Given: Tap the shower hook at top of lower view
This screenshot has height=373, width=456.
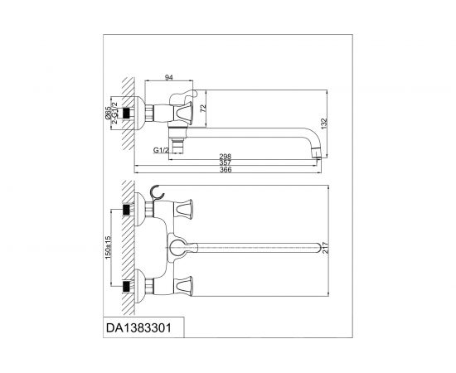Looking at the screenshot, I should pos(154,196).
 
